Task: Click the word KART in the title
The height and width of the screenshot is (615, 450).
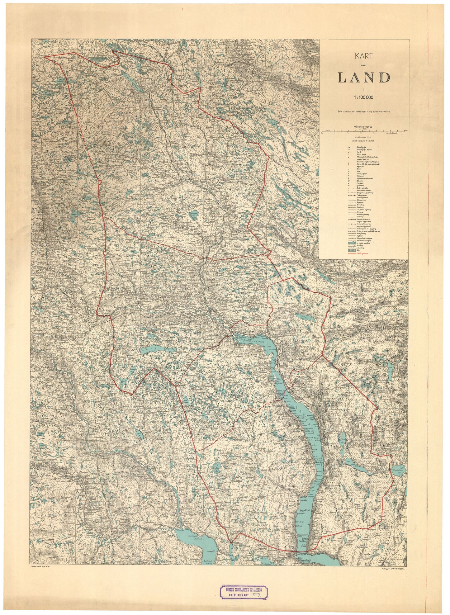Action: (363, 57)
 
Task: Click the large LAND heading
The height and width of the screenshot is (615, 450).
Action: (363, 78)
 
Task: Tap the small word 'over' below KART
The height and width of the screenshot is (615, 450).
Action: (363, 65)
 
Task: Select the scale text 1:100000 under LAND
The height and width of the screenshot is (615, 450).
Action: (363, 97)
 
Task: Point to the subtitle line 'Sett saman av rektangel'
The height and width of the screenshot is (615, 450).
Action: (363, 111)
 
